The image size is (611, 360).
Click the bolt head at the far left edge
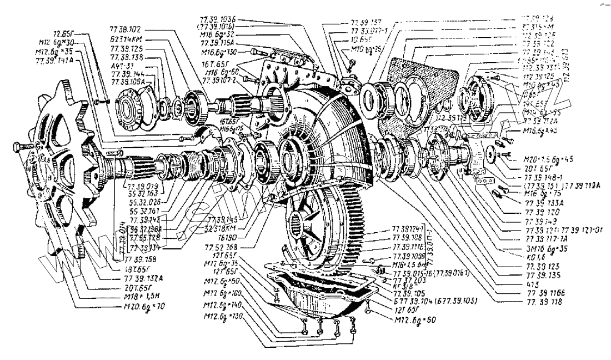tap(17, 148)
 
